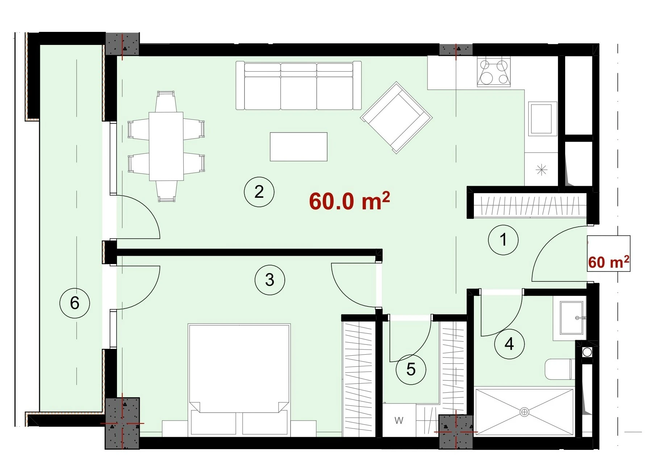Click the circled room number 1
coord(503,239)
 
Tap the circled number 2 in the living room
coord(259,192)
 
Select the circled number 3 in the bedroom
coord(270,280)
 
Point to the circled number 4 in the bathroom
coord(509,344)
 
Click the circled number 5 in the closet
coord(411,369)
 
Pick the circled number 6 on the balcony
coord(75,303)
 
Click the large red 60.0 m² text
coord(349,201)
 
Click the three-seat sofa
coord(299,85)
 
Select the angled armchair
coord(396,118)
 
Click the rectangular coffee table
coord(299,147)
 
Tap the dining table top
coord(166,146)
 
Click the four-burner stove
coord(494,72)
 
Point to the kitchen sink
coord(542,119)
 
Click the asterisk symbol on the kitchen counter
coord(542,170)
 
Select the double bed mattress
coord(239,368)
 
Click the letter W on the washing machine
coord(399,421)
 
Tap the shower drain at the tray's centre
coord(524,412)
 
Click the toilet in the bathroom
coord(560,369)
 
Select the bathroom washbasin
coord(571,318)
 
